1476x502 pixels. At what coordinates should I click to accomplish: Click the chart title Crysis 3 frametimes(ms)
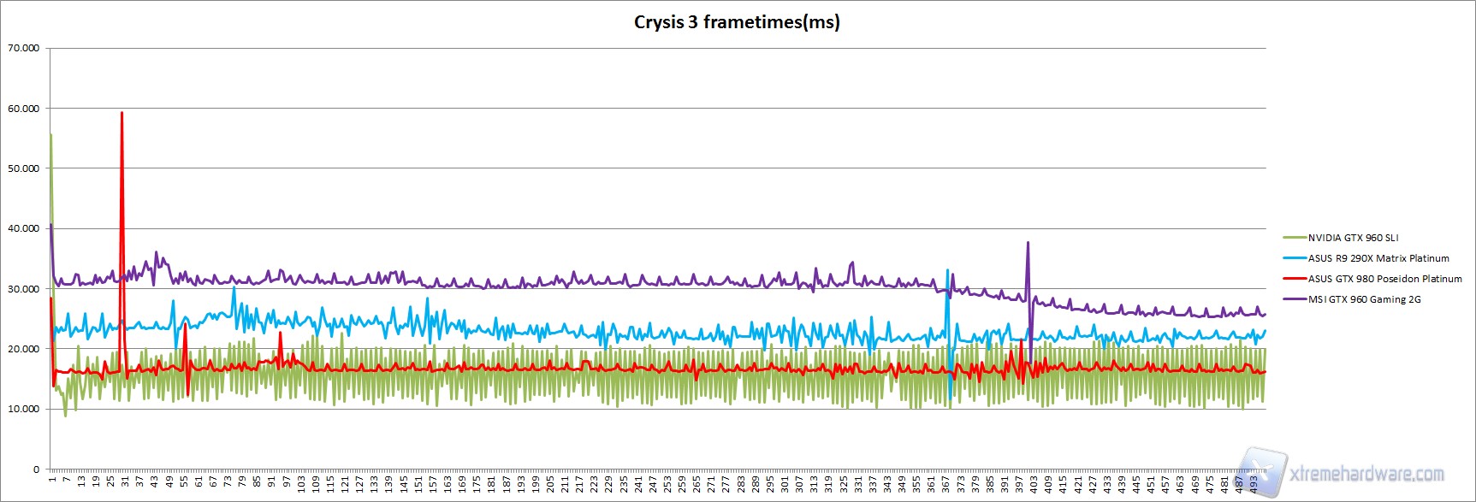737,22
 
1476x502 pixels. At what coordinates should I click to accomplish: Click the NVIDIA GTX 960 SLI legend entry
1353,238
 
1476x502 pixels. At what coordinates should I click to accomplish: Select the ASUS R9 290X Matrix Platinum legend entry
1378,258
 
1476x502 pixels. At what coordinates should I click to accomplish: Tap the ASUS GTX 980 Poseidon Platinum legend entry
1384,279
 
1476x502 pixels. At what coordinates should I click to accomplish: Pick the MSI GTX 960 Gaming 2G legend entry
1364,299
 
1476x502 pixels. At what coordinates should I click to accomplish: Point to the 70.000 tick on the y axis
24,48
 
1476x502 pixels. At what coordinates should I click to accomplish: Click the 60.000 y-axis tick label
24,109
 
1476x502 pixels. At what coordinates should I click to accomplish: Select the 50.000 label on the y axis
24,168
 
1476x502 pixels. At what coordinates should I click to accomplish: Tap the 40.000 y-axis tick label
24,228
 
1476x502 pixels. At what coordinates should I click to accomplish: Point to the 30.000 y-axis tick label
24,289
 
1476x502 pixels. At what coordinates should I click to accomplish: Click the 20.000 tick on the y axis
24,349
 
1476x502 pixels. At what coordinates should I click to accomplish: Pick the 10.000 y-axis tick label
24,409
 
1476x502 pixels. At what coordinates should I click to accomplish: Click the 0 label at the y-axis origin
36,469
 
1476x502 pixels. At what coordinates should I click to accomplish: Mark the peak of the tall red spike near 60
122,113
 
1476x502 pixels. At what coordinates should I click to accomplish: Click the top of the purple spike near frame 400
1028,243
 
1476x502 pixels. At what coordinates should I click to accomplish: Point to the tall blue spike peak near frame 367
947,270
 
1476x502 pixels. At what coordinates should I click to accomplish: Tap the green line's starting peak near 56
51,134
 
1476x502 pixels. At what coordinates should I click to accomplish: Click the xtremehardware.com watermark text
1366,474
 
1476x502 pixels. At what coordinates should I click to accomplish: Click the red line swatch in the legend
1295,279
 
